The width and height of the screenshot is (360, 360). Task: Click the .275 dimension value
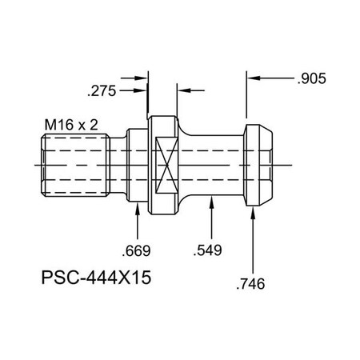point(103,91)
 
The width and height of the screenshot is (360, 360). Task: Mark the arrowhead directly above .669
point(141,210)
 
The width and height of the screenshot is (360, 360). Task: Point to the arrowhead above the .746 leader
point(254,210)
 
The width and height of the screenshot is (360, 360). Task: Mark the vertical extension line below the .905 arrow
point(246,100)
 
